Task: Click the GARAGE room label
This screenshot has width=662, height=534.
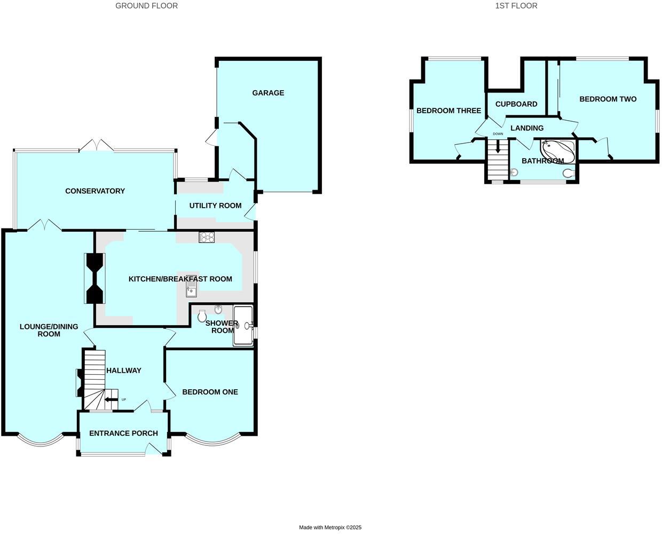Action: pyautogui.click(x=268, y=93)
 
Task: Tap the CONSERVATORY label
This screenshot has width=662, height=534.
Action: pyautogui.click(x=95, y=191)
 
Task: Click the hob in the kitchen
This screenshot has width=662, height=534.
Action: pyautogui.click(x=207, y=237)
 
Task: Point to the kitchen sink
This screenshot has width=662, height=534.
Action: pyautogui.click(x=192, y=289)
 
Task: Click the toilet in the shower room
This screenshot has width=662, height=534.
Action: pyautogui.click(x=201, y=317)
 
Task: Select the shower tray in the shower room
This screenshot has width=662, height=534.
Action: pyautogui.click(x=243, y=325)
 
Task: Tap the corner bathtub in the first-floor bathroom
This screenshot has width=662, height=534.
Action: pyautogui.click(x=558, y=151)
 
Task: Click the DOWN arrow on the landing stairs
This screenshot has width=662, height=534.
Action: pyautogui.click(x=498, y=147)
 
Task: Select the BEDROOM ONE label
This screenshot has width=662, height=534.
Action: pyautogui.click(x=210, y=392)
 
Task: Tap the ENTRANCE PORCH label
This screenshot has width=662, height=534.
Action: pyautogui.click(x=123, y=433)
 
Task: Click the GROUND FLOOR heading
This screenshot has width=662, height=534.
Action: pyautogui.click(x=147, y=6)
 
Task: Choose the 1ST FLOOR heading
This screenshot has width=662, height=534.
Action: pyautogui.click(x=516, y=6)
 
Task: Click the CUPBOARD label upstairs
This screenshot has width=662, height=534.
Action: pyautogui.click(x=516, y=104)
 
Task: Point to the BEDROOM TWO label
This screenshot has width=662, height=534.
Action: pyautogui.click(x=608, y=99)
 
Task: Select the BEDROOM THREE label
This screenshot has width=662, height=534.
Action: pyautogui.click(x=448, y=111)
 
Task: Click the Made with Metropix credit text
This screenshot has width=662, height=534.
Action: pyautogui.click(x=330, y=528)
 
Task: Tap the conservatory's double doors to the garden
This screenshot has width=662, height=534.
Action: pyautogui.click(x=96, y=145)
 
